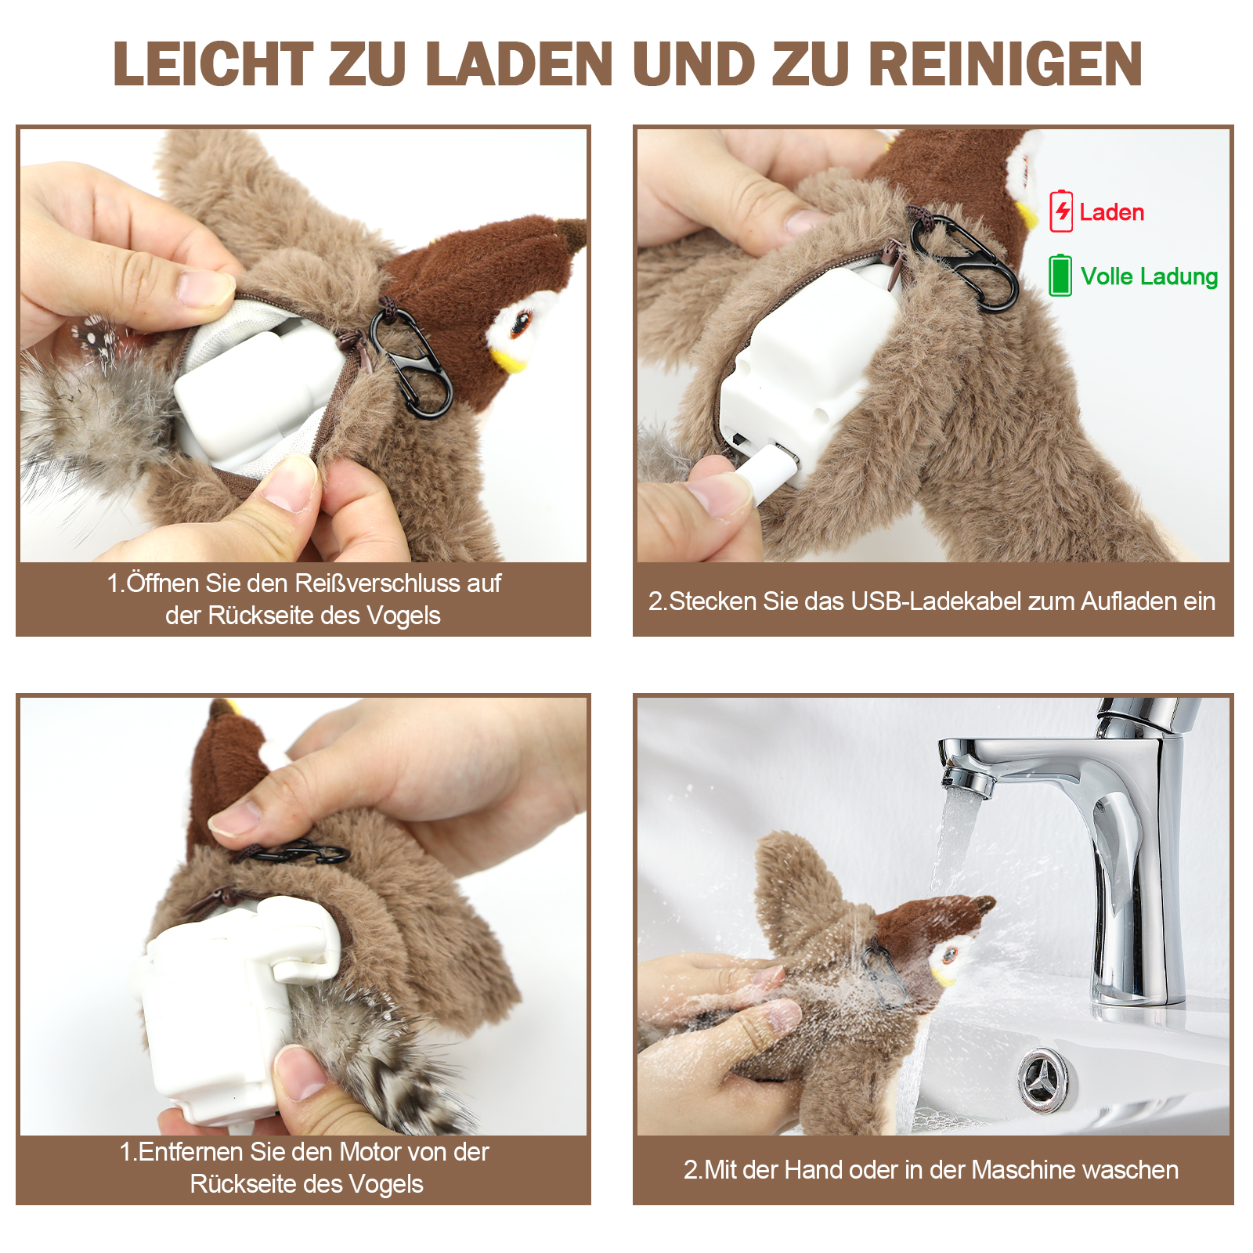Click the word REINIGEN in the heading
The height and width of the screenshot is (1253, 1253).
click(x=1006, y=64)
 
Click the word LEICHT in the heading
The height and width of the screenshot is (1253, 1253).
click(x=214, y=64)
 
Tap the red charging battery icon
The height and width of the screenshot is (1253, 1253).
click(x=1061, y=211)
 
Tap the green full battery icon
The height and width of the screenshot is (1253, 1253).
click(x=1060, y=275)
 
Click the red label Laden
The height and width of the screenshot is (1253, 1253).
click(x=1111, y=212)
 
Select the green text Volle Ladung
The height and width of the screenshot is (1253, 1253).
click(x=1149, y=276)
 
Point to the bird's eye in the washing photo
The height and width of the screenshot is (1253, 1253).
click(x=949, y=955)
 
